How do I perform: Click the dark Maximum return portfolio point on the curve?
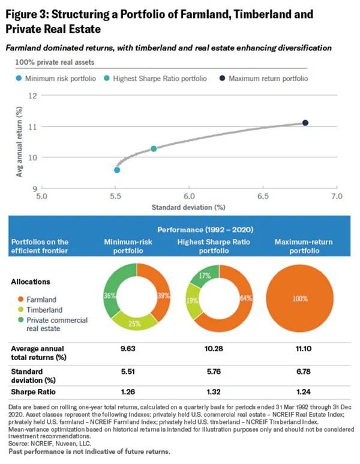[x=305, y=123]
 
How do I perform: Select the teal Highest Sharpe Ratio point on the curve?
[x=154, y=148]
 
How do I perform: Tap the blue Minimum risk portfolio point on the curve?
[x=117, y=170]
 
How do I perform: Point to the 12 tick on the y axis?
[x=34, y=95]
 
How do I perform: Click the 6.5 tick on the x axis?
[x=263, y=196]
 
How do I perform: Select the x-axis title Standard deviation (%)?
[x=189, y=207]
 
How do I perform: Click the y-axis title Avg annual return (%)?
[x=19, y=141]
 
